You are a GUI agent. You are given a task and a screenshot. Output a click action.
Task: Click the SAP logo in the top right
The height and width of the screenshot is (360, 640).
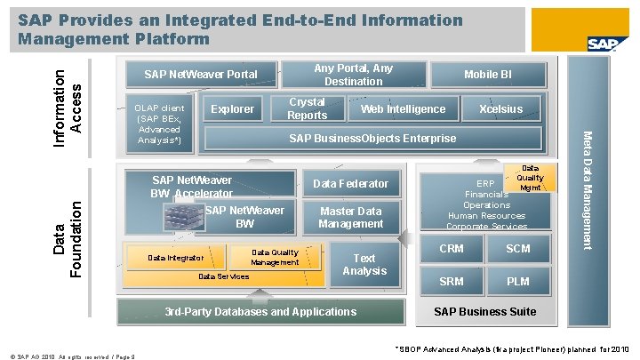(x=601, y=44)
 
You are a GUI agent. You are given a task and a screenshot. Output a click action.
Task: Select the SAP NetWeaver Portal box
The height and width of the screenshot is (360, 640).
(x=201, y=75)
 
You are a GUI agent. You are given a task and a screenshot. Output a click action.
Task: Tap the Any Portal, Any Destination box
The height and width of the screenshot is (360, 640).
(x=353, y=75)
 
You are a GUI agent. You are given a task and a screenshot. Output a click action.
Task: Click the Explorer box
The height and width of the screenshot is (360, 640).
(x=232, y=109)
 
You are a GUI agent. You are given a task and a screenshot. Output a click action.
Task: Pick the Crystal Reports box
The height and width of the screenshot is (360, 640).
(x=308, y=109)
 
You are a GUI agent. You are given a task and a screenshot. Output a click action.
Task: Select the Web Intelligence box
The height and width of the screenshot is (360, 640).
(x=403, y=109)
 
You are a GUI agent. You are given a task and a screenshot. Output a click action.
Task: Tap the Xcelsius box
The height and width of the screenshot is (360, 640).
(x=500, y=109)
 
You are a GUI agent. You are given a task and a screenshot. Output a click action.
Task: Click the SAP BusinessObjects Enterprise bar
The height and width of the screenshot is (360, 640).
(x=373, y=138)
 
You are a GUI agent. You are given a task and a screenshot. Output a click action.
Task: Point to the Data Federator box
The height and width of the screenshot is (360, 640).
(x=351, y=183)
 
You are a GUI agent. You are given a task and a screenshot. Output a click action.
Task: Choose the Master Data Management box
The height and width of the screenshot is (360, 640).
(x=351, y=218)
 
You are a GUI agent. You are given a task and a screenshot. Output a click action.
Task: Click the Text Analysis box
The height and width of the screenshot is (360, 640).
(x=364, y=264)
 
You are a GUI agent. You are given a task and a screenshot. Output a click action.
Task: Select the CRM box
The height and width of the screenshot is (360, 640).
(x=452, y=249)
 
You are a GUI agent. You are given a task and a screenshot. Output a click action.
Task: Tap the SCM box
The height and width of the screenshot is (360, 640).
(x=518, y=249)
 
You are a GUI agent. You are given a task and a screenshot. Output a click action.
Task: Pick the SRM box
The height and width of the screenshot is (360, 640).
(x=452, y=282)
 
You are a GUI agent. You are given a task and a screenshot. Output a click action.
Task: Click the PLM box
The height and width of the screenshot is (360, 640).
(x=518, y=282)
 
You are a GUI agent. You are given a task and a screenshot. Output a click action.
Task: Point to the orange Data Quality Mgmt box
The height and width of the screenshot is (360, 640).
(x=530, y=178)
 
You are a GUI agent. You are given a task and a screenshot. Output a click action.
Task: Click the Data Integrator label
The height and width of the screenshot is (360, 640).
(x=175, y=259)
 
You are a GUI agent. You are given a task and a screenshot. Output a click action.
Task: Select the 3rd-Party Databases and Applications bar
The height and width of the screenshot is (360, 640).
(x=261, y=312)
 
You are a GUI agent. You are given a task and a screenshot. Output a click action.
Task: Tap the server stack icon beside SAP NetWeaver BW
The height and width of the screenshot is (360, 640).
(x=182, y=216)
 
